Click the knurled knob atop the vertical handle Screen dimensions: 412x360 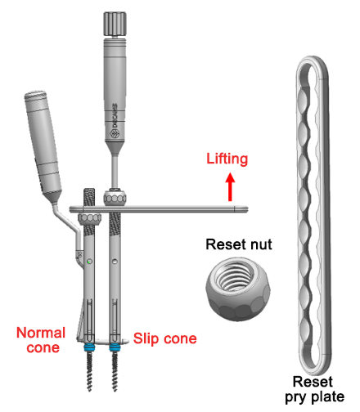click(x=112, y=24)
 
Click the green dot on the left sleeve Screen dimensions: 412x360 click(x=89, y=262)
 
